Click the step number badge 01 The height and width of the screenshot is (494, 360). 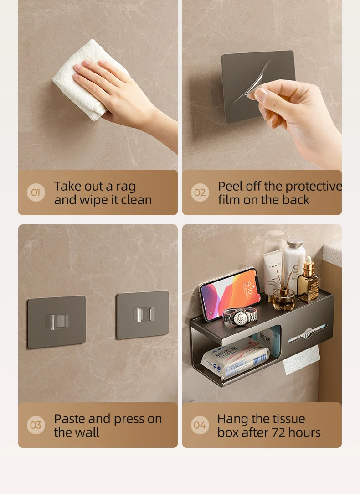click(x=36, y=192)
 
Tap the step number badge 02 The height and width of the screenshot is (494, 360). click(x=200, y=192)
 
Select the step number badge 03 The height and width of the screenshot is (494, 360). click(x=36, y=425)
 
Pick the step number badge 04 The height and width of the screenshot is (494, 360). click(x=200, y=425)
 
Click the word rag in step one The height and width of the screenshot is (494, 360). click(x=126, y=187)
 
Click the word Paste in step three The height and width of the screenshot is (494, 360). click(x=69, y=419)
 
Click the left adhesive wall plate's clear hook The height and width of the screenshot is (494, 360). click(x=57, y=321)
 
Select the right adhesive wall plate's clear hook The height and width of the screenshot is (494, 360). click(x=144, y=314)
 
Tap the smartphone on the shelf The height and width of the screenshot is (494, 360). click(x=230, y=293)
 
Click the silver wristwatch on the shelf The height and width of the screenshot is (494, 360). click(x=240, y=315)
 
